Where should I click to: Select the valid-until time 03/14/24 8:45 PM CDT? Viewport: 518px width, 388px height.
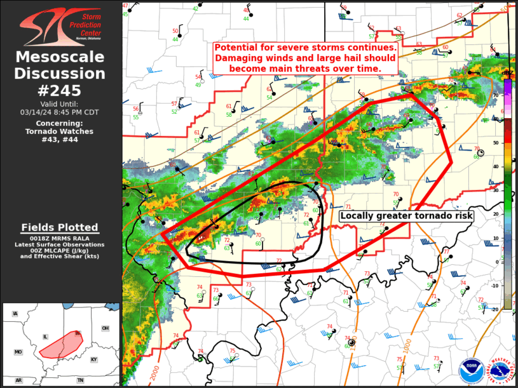point(60,112)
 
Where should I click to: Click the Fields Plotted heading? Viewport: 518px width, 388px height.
point(60,227)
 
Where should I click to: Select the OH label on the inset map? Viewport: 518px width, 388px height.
point(105,328)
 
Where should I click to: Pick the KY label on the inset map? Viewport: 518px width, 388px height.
point(94,359)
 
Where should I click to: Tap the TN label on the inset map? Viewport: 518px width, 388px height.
point(80,380)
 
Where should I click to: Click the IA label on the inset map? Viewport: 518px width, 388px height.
point(15,314)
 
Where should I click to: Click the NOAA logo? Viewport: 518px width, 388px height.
point(471,370)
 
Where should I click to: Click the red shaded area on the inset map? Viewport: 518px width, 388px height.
point(61,342)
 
